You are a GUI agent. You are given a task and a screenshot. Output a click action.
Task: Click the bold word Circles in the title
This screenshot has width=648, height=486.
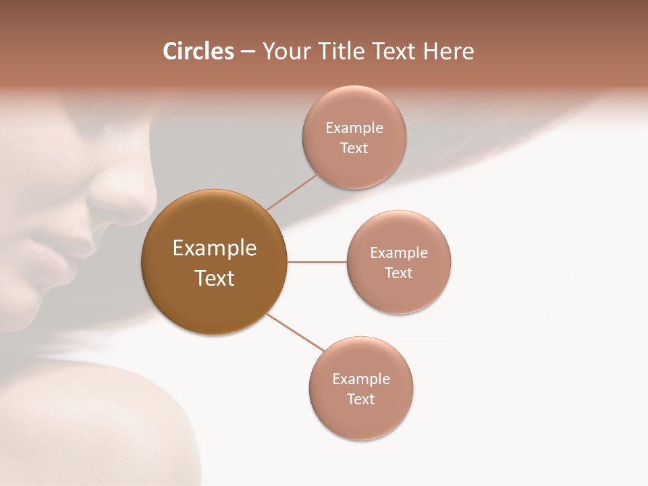click(x=198, y=51)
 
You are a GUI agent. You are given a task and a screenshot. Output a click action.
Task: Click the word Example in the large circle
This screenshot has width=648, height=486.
click(x=214, y=248)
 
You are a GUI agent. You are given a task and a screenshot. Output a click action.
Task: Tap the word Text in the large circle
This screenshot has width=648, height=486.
click(x=214, y=278)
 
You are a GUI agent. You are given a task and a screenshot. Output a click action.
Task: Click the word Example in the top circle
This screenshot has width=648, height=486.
click(x=354, y=128)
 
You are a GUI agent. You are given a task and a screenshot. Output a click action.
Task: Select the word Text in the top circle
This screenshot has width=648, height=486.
click(x=354, y=148)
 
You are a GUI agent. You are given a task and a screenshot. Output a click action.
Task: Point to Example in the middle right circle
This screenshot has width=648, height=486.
click(x=398, y=253)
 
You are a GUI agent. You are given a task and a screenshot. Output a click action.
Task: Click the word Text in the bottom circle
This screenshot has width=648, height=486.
click(x=360, y=400)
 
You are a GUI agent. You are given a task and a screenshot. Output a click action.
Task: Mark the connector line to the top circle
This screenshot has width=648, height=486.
click(x=292, y=192)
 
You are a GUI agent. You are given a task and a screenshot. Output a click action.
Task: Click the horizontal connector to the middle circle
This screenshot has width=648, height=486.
click(x=317, y=262)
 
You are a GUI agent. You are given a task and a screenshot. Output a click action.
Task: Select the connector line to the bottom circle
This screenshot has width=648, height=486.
click(x=295, y=332)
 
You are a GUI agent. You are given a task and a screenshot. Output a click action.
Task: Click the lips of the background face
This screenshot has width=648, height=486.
click(x=57, y=260)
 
